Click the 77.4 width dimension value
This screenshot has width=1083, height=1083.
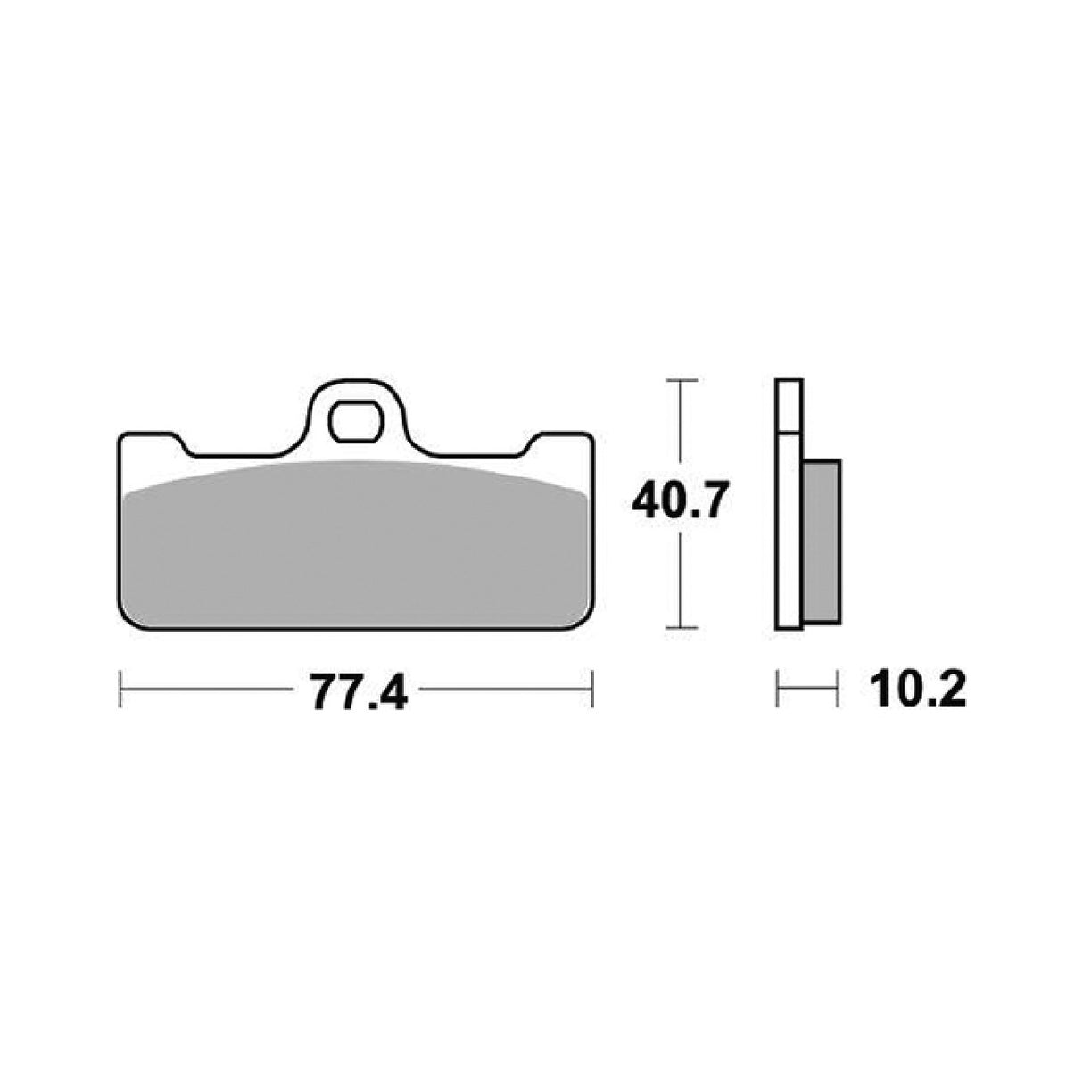click(358, 690)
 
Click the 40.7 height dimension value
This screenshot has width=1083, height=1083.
click(682, 502)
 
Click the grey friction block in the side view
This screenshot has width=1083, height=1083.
click(821, 541)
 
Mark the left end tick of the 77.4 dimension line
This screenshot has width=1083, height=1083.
click(120, 690)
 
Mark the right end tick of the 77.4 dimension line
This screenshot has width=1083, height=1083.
click(592, 690)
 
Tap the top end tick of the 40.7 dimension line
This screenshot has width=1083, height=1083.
click(682, 381)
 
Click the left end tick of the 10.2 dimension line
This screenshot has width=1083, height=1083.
click(778, 690)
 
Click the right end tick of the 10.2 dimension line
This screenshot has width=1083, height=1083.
click(838, 690)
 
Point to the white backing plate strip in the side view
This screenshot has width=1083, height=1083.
click(789, 535)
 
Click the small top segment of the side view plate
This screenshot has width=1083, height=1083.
click(789, 407)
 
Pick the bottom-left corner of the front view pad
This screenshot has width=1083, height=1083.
click(129, 624)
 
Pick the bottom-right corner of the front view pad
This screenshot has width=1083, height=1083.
click(583, 624)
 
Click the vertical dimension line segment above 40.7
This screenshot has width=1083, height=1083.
click(682, 428)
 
